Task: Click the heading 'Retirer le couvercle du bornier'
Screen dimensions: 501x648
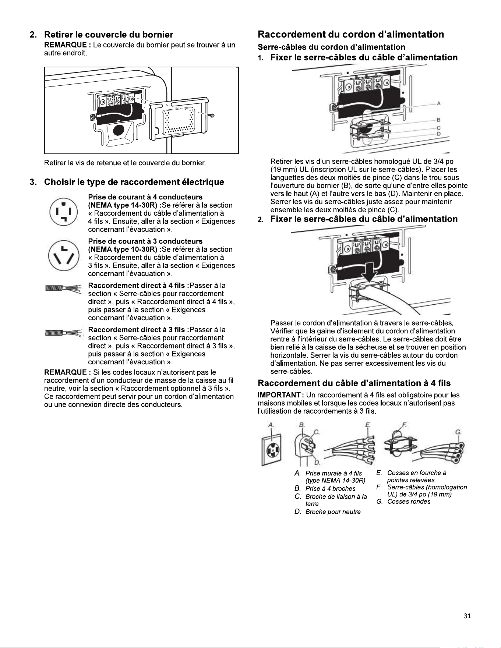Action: click(109, 35)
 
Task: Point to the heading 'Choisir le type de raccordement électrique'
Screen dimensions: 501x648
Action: click(134, 182)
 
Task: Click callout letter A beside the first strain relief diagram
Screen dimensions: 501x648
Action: click(439, 104)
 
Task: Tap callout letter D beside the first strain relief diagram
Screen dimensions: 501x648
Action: click(439, 134)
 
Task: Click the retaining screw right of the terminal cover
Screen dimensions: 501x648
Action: click(212, 116)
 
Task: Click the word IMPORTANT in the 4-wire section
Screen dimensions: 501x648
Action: click(279, 395)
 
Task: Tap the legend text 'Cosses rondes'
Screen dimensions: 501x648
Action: click(409, 502)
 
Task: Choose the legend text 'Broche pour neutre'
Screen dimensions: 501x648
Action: click(333, 512)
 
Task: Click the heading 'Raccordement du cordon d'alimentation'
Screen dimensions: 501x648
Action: click(351, 34)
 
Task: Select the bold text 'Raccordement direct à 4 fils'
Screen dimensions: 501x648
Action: click(137, 286)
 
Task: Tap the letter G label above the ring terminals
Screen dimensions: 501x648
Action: click(459, 432)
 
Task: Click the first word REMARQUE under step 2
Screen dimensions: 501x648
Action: click(65, 45)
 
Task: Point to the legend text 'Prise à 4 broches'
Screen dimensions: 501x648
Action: click(331, 489)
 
